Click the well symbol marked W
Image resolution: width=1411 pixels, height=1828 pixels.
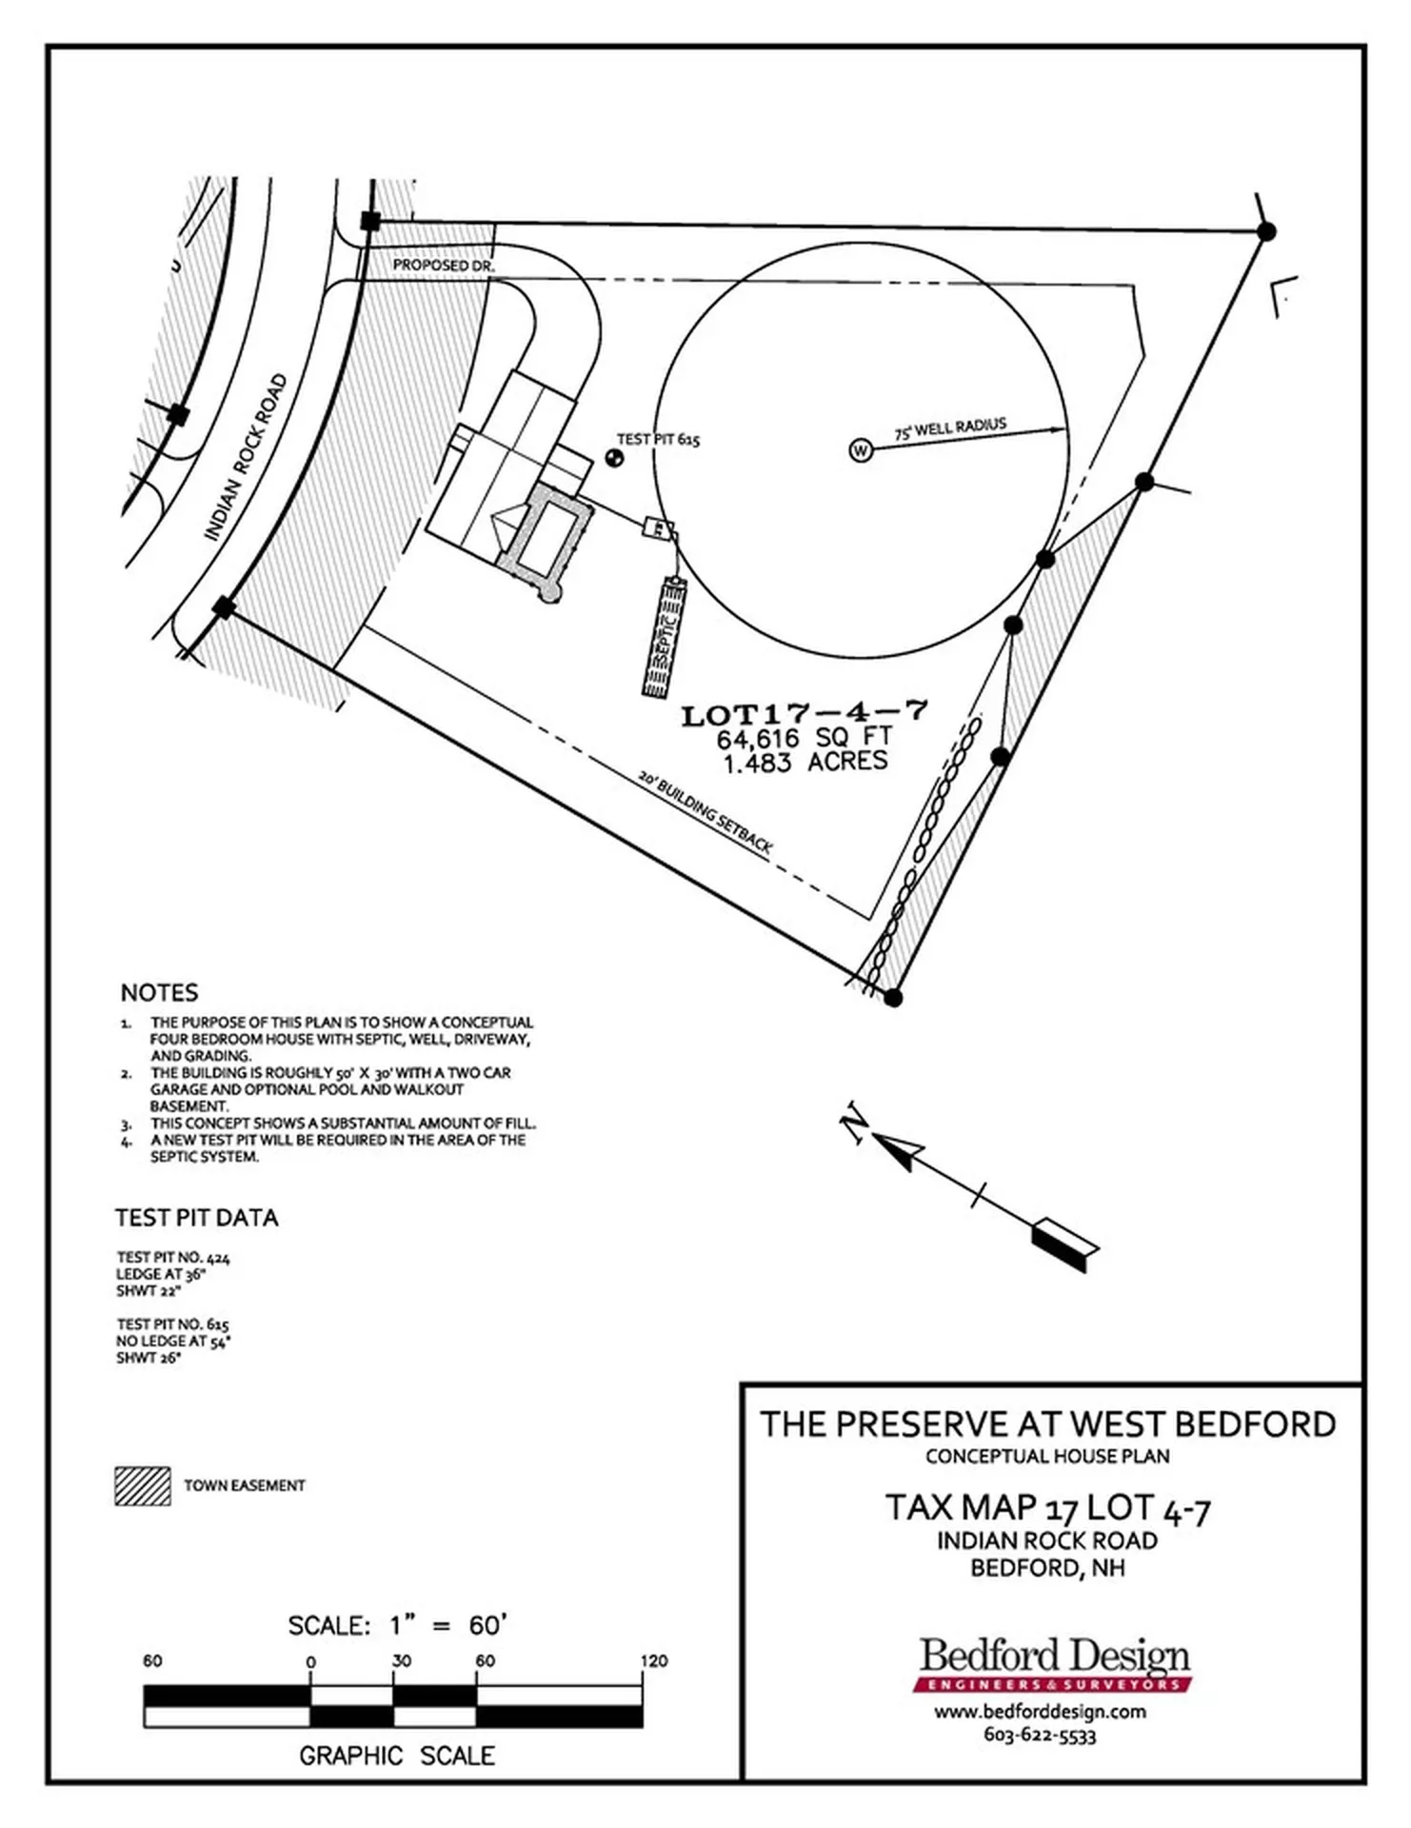tap(860, 450)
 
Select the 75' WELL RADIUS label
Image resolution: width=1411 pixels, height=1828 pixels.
tap(950, 428)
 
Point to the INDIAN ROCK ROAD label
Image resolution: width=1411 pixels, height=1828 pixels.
tap(246, 458)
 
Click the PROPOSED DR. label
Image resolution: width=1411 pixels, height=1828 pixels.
tap(444, 266)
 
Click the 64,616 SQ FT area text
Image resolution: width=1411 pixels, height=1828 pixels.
tap(805, 738)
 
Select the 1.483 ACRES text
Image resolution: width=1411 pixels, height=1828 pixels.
tap(805, 762)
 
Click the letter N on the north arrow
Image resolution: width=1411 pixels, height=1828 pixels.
tap(853, 1123)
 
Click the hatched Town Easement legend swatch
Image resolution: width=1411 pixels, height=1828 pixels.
tap(143, 1485)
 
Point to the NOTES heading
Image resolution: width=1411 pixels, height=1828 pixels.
tap(159, 992)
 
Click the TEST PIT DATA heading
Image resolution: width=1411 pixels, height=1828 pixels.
tap(197, 1218)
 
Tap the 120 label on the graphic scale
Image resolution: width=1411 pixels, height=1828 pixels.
tap(654, 1660)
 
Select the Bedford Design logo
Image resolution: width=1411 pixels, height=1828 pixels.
tap(1054, 1664)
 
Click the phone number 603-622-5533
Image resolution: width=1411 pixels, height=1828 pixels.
tap(1040, 1736)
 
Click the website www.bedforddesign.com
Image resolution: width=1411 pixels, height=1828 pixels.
tap(1040, 1712)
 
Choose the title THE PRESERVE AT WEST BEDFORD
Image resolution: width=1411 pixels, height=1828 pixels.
tap(1047, 1424)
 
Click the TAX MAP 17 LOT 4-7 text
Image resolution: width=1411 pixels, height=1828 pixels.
tap(1047, 1508)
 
